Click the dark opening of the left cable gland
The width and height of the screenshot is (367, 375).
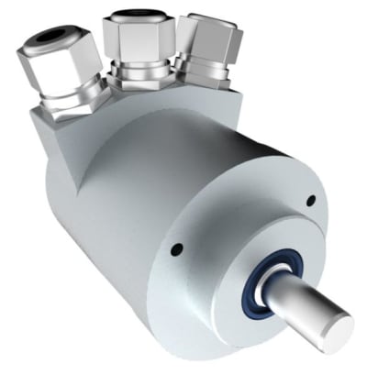(55, 39)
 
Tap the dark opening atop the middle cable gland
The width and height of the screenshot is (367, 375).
(136, 16)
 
